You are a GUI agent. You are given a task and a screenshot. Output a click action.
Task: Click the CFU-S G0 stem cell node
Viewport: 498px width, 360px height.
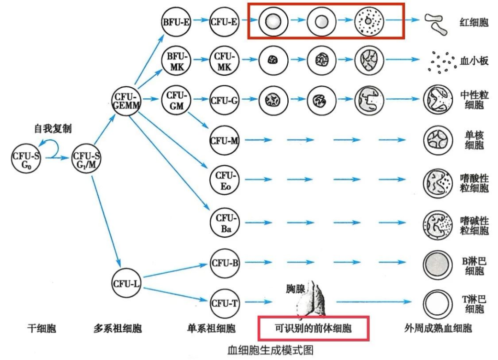coord(26,160)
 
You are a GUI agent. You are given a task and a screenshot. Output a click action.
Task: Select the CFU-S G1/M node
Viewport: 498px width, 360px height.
coord(87,160)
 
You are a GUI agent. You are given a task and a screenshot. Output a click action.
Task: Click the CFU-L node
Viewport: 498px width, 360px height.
coord(126,283)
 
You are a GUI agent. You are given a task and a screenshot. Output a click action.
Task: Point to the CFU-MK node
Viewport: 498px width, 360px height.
coord(225,60)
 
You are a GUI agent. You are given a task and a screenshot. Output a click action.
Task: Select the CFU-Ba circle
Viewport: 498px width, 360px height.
coord(225,222)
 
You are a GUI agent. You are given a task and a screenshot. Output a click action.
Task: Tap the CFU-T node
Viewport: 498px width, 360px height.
coord(225,303)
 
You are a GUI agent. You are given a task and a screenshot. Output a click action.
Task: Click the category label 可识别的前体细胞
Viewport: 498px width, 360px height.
coord(313,329)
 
